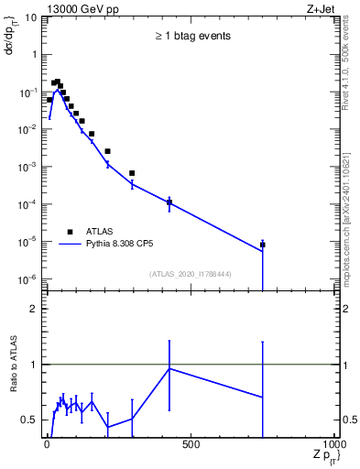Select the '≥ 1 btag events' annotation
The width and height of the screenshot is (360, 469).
[x=191, y=37]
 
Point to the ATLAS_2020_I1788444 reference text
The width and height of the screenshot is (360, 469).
[x=191, y=272]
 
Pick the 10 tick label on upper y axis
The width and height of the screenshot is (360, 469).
[x=30, y=17]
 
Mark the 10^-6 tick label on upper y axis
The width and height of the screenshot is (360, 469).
[x=27, y=278]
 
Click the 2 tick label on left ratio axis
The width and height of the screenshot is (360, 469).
[x=34, y=310]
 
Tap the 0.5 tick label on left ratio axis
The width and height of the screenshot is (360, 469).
[x=30, y=420]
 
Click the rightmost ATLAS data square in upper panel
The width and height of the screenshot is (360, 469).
[x=263, y=245]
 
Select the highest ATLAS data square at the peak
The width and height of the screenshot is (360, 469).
[x=57, y=82]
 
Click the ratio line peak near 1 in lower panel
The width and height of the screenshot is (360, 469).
[x=169, y=368]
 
